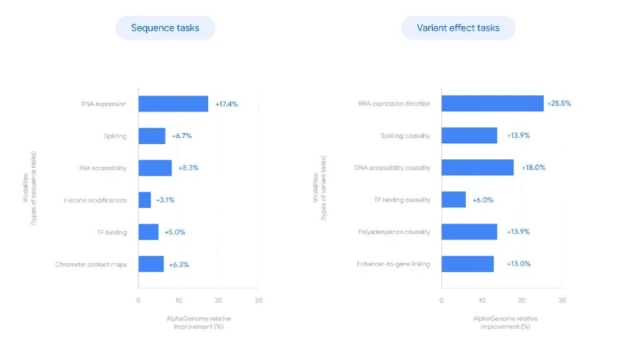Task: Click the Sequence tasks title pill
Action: pos(165,28)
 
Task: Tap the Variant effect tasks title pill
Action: pos(458,28)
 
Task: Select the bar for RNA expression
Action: pos(173,104)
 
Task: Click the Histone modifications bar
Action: pos(144,200)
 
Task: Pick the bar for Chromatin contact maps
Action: pos(151,264)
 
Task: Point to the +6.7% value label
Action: pos(182,136)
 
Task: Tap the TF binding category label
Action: pos(112,232)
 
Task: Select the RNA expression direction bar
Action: pos(492,104)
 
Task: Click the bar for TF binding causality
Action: pos(453,200)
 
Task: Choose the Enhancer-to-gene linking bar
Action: pos(467,264)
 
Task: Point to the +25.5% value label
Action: pos(559,104)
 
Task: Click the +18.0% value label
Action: pos(533,168)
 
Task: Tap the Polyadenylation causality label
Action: pos(393,232)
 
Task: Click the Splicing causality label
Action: pos(405,136)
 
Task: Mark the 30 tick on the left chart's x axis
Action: pos(258,300)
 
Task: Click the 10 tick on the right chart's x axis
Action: pos(482,300)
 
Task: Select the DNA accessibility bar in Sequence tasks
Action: pos(155,168)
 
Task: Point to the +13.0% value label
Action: pos(518,264)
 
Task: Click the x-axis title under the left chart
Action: pos(198,323)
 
